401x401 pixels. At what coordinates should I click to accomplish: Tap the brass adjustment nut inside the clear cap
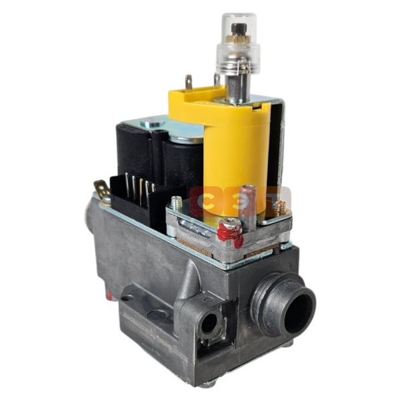pyautogui.click(x=238, y=39)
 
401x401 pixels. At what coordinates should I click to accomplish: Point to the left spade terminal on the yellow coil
pyautogui.click(x=188, y=82)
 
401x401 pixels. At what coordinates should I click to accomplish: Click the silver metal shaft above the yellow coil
pyautogui.click(x=237, y=88)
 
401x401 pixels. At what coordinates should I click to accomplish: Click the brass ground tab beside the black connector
pyautogui.click(x=102, y=189)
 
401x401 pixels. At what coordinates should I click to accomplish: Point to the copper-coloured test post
pyautogui.click(x=247, y=202)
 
